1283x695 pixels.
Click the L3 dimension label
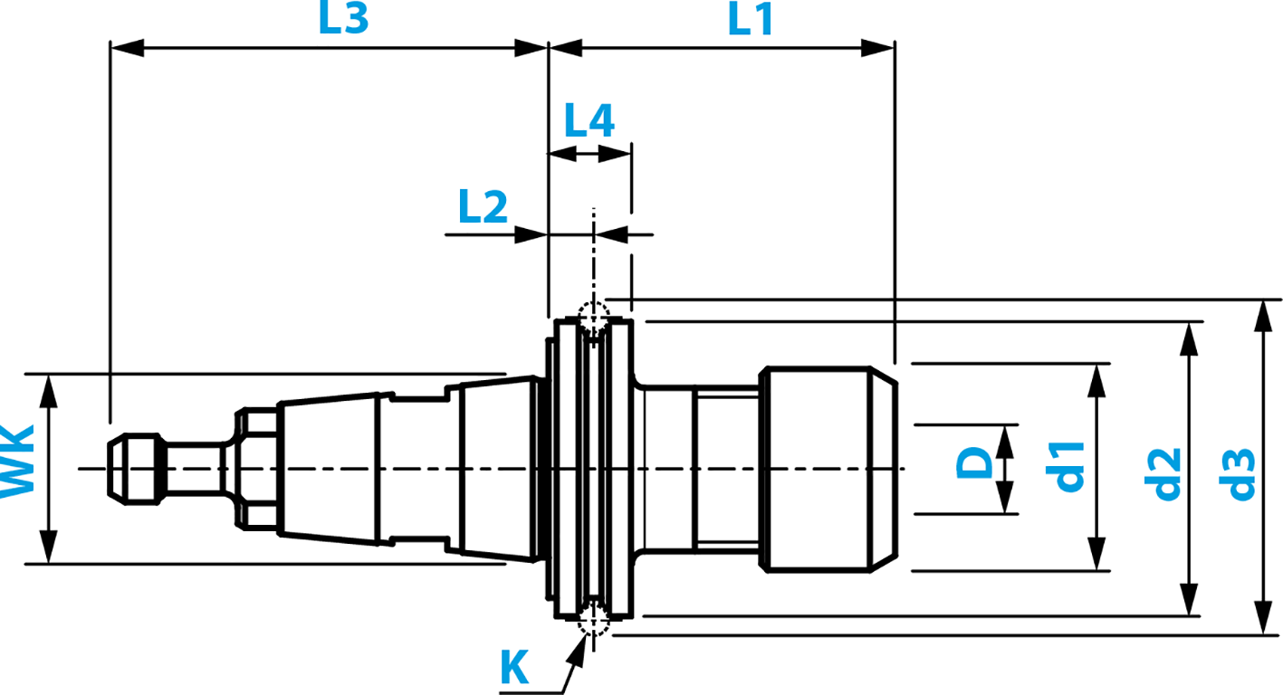click(343, 19)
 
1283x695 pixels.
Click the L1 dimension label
click(752, 19)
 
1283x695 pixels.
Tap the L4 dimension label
click(589, 120)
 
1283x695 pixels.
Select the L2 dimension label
click(483, 208)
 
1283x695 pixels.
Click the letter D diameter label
click(973, 466)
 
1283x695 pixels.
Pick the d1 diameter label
click(1069, 466)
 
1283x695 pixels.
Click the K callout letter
click(514, 669)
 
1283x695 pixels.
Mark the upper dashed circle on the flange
click(592, 318)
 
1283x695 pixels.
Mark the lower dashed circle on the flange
click(592, 617)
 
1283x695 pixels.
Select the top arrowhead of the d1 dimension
click(1096, 379)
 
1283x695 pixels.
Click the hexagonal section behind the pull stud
click(256, 468)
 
